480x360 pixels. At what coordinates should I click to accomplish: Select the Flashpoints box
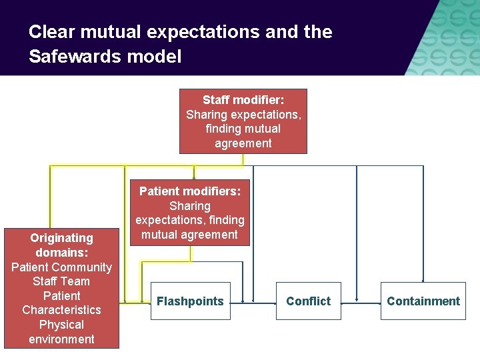190,301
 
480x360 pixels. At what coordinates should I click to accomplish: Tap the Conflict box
308,301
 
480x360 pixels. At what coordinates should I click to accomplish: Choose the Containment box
423,301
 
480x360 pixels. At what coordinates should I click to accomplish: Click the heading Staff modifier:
243,100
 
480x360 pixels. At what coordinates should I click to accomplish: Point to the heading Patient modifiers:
190,191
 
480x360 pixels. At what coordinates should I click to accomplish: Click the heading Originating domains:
61,245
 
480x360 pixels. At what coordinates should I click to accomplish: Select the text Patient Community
61,267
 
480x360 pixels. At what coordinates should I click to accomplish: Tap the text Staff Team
61,281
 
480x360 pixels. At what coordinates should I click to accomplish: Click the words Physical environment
61,332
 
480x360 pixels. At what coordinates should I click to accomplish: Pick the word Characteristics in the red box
61,310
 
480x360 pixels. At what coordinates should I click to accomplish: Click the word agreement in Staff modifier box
243,143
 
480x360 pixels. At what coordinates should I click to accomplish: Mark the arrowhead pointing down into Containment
423,280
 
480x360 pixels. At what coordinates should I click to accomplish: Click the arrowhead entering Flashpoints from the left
147,304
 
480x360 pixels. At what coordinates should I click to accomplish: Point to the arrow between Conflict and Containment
360,302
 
